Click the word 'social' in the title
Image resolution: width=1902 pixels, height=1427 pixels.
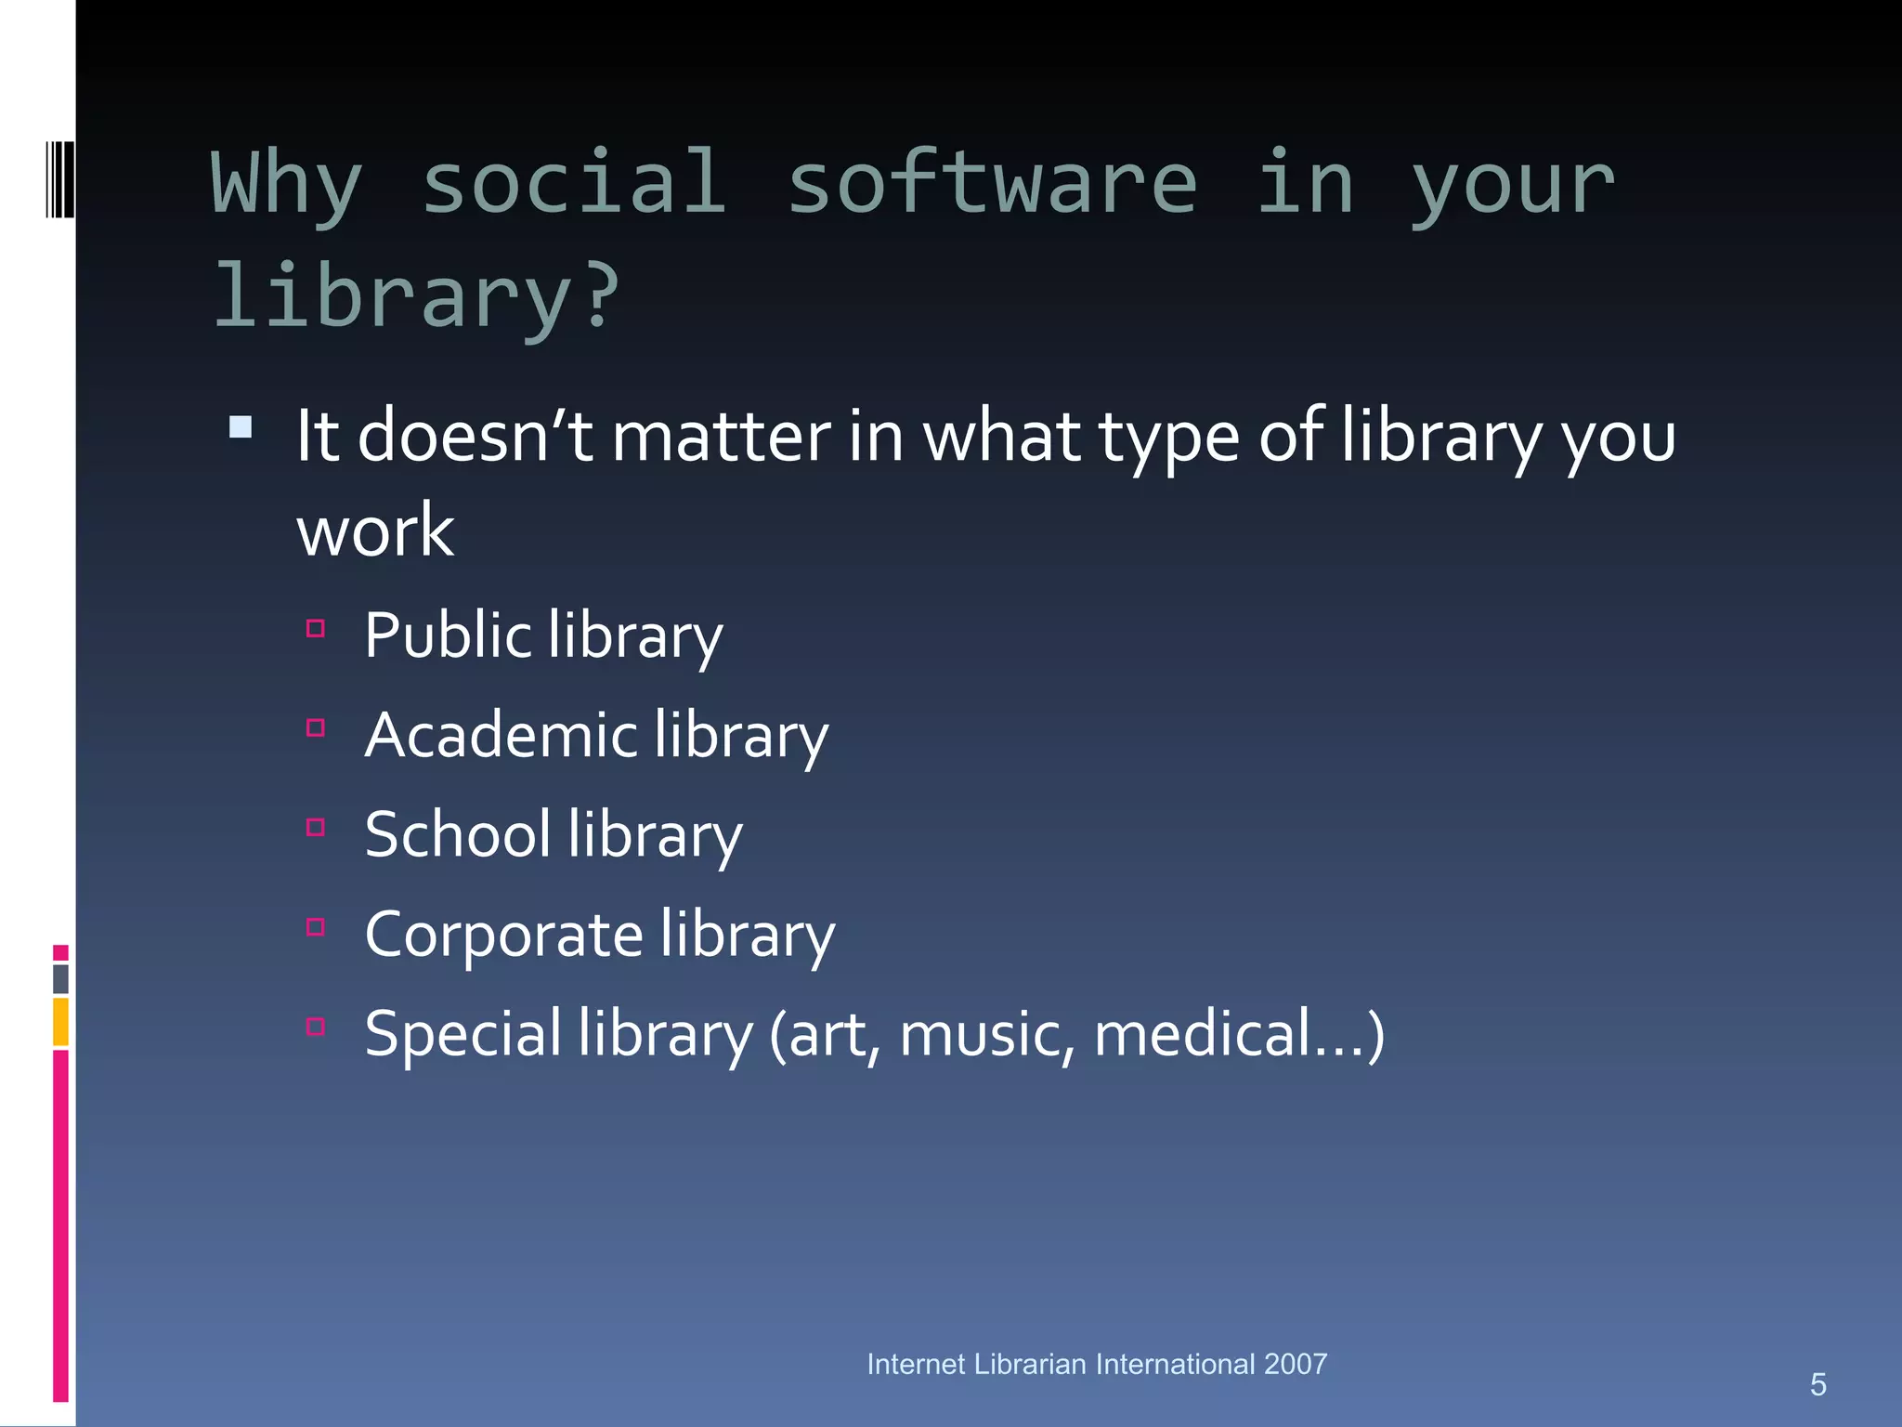point(573,183)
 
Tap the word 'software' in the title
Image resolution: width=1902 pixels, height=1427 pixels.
point(992,183)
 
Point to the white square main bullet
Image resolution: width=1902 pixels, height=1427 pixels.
point(241,427)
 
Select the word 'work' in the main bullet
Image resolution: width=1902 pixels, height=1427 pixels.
point(375,531)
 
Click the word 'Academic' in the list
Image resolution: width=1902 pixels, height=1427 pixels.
point(501,736)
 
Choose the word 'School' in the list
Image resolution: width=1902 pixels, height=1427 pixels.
point(458,834)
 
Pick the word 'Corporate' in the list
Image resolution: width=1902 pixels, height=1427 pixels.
point(503,935)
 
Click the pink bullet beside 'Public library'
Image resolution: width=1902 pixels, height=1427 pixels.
point(316,629)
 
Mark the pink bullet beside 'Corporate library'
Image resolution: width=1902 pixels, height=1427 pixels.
point(316,927)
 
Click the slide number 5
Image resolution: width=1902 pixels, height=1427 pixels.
point(1817,1385)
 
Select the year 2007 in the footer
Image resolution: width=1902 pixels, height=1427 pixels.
point(1295,1364)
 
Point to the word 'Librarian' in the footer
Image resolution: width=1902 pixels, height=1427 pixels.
point(1030,1364)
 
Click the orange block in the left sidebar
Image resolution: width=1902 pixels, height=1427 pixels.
point(60,1021)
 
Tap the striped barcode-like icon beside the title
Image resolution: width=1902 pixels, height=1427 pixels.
point(59,179)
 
